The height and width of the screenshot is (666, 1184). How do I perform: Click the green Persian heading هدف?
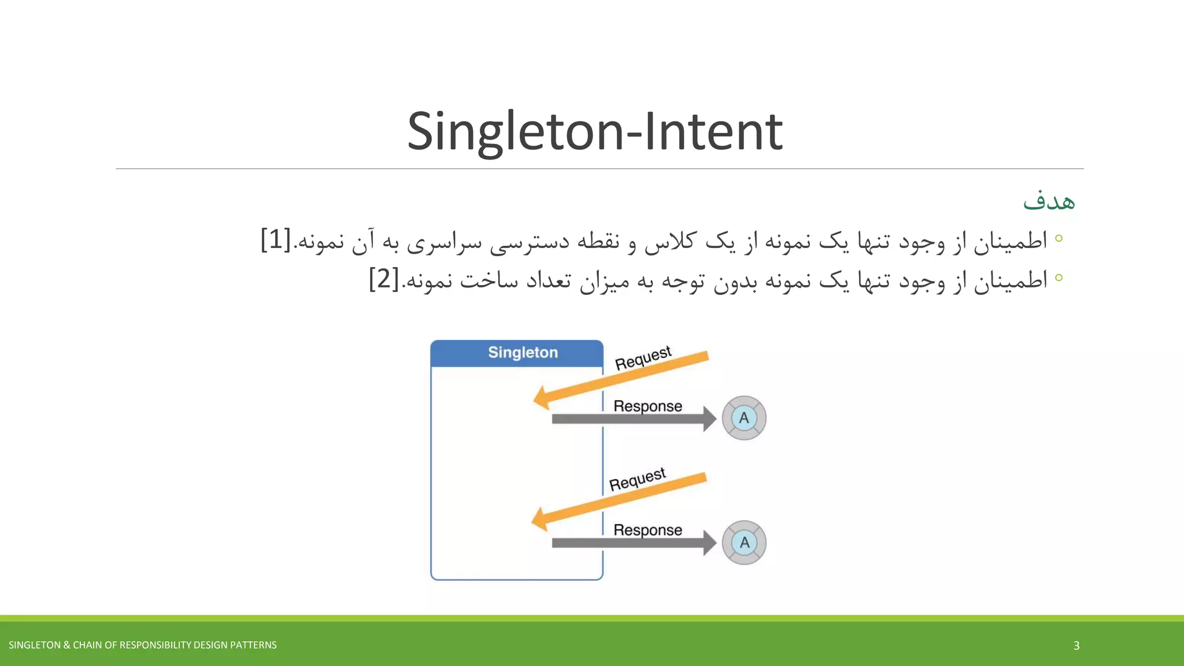pos(1049,201)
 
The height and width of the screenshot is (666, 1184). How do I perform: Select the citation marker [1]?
pos(276,240)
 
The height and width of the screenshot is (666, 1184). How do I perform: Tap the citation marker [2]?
pos(384,279)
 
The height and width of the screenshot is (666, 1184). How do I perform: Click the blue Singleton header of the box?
pos(517,353)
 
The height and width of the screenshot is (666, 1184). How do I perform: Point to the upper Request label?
pos(643,358)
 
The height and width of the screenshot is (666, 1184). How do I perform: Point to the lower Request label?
pos(637,480)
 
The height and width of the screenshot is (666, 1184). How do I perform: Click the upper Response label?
pos(647,406)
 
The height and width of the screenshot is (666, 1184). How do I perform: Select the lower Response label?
pos(647,530)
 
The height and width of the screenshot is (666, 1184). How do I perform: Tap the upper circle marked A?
pos(744,418)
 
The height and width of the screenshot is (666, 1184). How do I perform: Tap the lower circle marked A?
pos(744,542)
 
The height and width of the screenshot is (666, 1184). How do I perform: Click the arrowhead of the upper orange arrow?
pos(542,398)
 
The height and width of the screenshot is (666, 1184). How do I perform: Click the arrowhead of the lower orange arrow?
pos(540,519)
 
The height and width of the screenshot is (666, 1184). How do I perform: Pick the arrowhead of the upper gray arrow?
pos(709,419)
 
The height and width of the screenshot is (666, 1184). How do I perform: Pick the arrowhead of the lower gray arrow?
pos(709,543)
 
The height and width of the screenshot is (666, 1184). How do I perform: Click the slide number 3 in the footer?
pos(1076,645)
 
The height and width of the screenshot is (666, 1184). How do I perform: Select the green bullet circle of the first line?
pos(1059,238)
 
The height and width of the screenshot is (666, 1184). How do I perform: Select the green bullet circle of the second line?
pos(1059,277)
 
